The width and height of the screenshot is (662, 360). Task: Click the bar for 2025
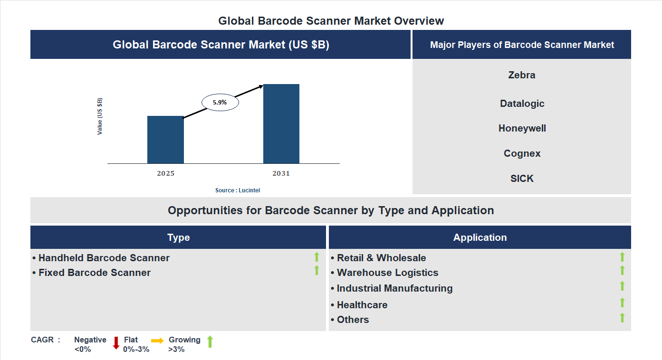click(165, 140)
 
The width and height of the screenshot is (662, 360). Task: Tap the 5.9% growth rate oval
click(220, 102)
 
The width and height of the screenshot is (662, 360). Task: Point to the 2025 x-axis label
click(165, 173)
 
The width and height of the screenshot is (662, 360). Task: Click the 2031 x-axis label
click(281, 173)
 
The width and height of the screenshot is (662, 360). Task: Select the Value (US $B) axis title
click(100, 116)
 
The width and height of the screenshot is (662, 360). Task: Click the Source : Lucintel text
click(238, 190)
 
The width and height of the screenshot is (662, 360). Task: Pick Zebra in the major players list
click(521, 75)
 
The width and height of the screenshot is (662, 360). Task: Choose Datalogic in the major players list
click(522, 104)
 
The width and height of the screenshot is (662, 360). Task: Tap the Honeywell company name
click(522, 128)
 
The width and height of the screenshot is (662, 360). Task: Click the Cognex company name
click(522, 153)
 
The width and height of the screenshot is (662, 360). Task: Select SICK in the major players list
click(522, 179)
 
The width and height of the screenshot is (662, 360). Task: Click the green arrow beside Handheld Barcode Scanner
click(317, 257)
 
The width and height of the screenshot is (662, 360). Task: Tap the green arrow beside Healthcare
click(622, 303)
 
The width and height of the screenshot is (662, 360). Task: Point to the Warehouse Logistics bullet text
click(387, 273)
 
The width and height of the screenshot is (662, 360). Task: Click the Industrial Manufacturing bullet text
click(394, 288)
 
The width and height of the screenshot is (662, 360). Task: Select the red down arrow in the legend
click(116, 342)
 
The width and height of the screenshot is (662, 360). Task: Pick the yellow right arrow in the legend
click(157, 341)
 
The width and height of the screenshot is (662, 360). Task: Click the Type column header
click(178, 237)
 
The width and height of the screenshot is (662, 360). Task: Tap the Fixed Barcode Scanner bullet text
click(94, 273)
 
